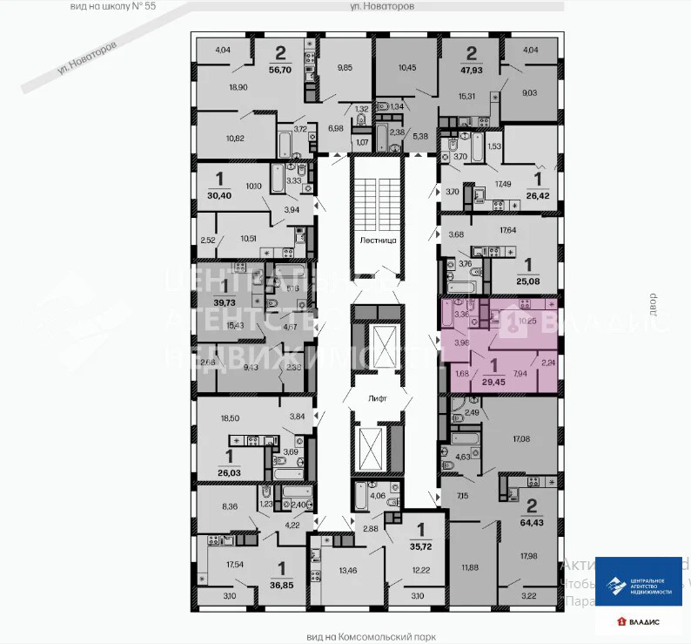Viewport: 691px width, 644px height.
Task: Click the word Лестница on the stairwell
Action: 378,239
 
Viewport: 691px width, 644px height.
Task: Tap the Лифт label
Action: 378,397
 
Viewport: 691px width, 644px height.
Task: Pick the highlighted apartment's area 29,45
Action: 494,380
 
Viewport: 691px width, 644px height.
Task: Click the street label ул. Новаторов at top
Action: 381,5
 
